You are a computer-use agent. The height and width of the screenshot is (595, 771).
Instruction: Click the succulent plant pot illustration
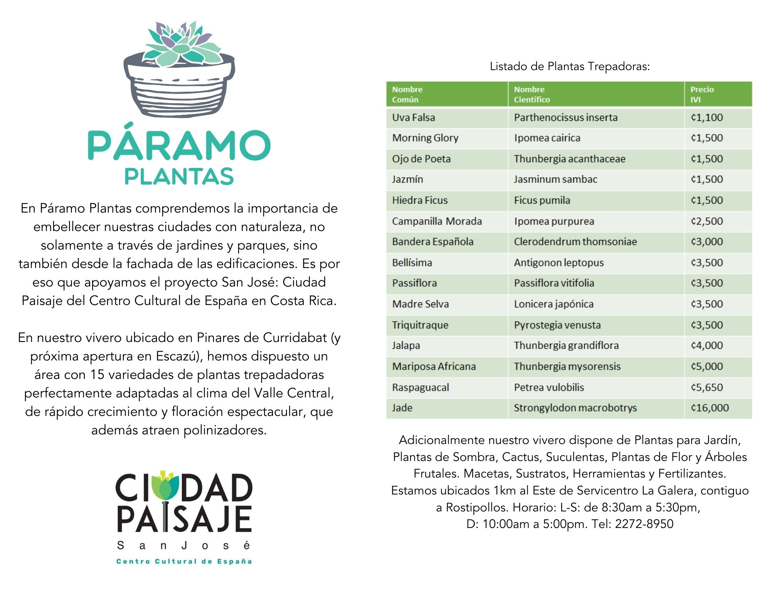(x=179, y=69)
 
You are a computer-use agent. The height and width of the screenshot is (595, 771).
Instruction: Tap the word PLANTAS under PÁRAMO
(x=179, y=176)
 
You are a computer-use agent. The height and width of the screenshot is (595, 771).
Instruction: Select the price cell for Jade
(x=718, y=408)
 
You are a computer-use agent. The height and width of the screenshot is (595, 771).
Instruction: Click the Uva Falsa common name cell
(x=447, y=118)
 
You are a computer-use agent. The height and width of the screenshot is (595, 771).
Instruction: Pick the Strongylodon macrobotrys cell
(x=596, y=408)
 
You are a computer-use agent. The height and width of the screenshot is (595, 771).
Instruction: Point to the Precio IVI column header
(x=718, y=94)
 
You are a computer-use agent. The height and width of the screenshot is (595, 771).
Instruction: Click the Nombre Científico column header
(x=596, y=94)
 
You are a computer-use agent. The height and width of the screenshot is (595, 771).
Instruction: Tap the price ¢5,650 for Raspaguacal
(x=707, y=387)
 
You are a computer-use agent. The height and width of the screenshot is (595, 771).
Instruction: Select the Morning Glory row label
(x=425, y=138)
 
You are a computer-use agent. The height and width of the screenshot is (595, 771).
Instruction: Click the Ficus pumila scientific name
(x=542, y=200)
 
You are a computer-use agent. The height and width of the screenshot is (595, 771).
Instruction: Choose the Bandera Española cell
(x=447, y=242)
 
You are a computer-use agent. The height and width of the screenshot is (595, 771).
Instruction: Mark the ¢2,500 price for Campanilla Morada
(x=707, y=221)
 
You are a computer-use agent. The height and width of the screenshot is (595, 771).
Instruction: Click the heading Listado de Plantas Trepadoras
(x=569, y=66)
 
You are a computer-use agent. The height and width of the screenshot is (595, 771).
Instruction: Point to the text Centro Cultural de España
(x=184, y=561)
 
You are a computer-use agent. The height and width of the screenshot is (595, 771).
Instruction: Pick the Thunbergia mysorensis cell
(x=596, y=367)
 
